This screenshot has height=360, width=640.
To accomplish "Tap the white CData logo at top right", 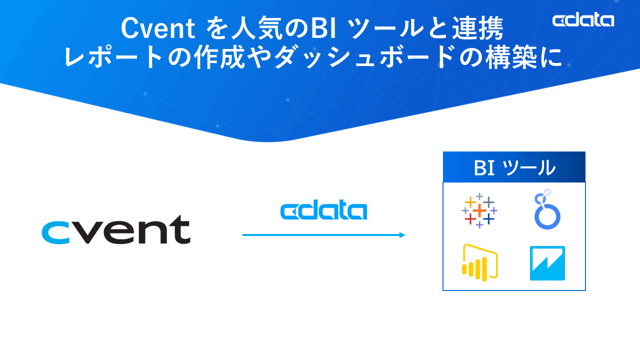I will pyautogui.click(x=583, y=20).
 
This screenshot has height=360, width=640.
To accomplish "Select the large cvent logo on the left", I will pyautogui.click(x=115, y=230).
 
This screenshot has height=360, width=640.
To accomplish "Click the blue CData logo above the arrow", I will pyautogui.click(x=323, y=211).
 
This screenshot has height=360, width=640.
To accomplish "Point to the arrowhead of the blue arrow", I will pyautogui.click(x=402, y=235).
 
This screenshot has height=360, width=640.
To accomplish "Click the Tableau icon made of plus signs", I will pyautogui.click(x=479, y=210).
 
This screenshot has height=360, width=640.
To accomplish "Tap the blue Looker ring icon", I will pyautogui.click(x=547, y=210).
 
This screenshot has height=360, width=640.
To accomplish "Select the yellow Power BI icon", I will pyautogui.click(x=479, y=263).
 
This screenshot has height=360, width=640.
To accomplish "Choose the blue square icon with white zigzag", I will pyautogui.click(x=547, y=263).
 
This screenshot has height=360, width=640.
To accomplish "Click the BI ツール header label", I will pyautogui.click(x=514, y=167).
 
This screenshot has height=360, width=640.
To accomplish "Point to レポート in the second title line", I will pyautogui.click(x=113, y=57).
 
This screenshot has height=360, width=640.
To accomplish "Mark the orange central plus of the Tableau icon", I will pyautogui.click(x=479, y=210).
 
